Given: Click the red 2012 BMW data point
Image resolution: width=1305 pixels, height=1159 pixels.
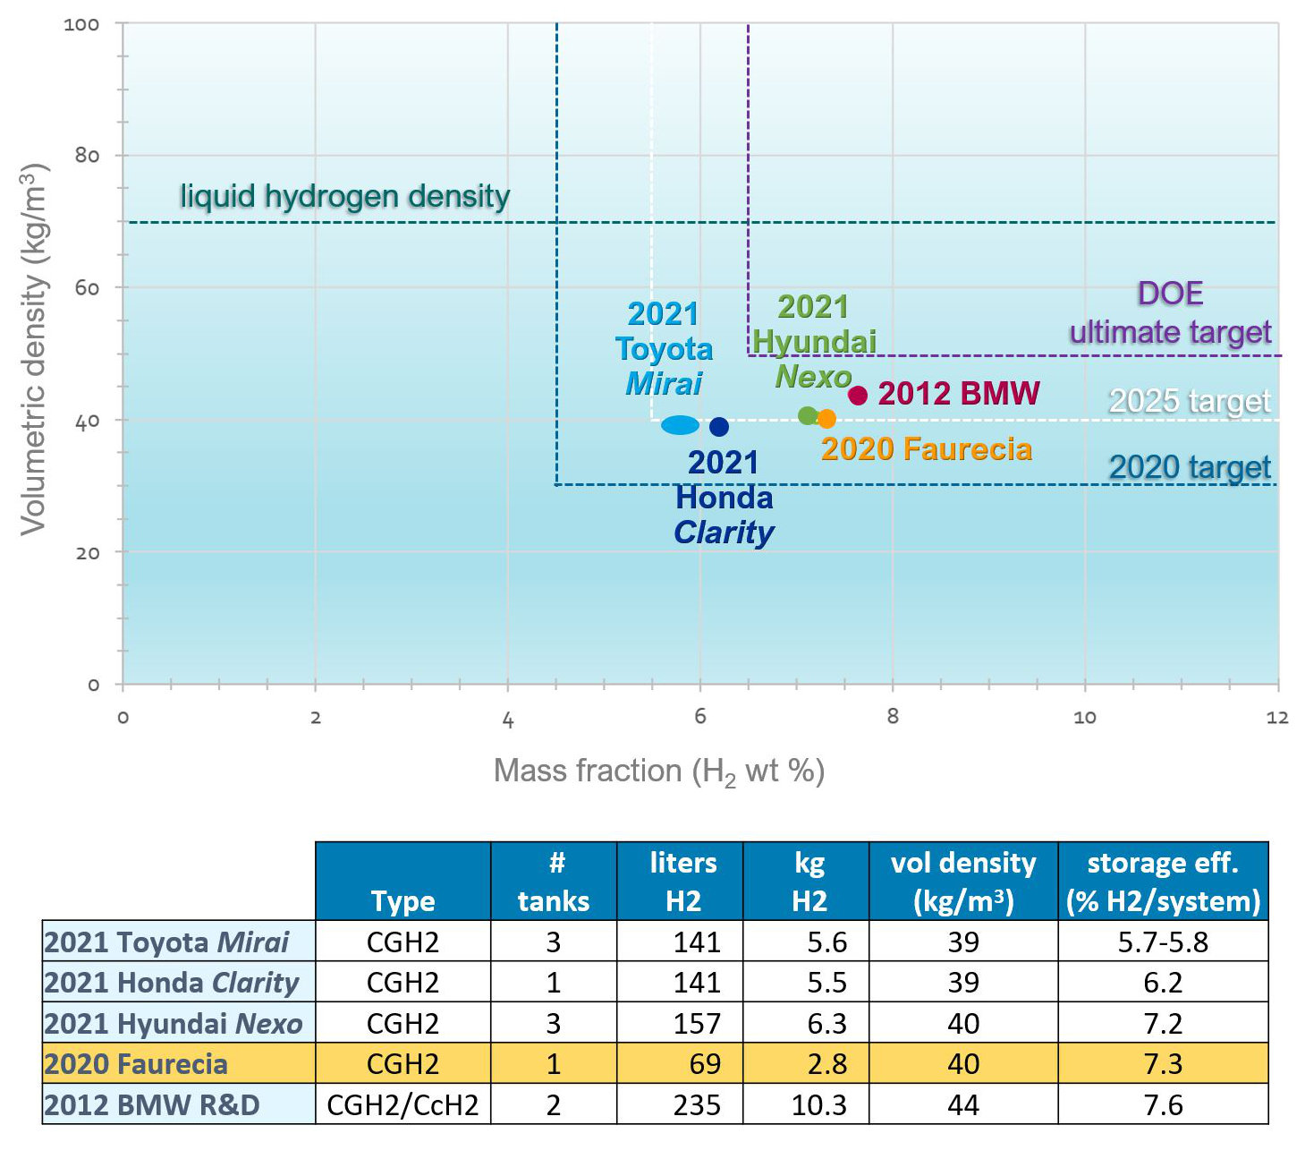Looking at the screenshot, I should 858,395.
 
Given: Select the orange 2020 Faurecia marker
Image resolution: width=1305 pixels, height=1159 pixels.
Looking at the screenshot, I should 826,418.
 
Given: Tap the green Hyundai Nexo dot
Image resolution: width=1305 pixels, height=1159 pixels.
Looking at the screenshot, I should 808,415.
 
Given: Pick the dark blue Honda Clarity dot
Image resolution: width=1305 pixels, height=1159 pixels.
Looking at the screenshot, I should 718,427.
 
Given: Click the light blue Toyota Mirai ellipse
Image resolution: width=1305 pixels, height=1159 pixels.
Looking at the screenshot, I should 680,425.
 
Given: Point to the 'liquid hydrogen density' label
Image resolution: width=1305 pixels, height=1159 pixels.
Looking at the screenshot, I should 344,196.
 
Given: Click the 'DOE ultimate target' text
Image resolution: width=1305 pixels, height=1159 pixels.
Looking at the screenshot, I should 1170,313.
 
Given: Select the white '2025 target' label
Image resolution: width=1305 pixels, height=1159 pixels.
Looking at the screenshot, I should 1190,401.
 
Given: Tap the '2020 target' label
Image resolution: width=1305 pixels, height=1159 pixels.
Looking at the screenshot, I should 1190,467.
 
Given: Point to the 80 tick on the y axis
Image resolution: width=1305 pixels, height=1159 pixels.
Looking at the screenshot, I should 87,156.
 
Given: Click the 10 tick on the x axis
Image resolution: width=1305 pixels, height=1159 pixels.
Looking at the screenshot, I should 1084,717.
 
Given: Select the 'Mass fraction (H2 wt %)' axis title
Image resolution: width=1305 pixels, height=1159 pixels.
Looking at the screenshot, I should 659,771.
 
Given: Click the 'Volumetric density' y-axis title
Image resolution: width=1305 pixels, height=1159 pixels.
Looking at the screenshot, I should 34,349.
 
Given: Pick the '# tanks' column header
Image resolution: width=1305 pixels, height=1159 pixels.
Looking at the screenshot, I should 554,882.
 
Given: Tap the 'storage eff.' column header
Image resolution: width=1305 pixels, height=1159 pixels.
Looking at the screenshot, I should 1163,882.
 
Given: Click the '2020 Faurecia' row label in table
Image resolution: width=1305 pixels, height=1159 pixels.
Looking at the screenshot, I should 136,1064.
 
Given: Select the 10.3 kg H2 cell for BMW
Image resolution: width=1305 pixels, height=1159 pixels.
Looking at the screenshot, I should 818,1105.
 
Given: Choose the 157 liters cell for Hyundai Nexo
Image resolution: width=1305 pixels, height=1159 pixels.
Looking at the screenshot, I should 697,1023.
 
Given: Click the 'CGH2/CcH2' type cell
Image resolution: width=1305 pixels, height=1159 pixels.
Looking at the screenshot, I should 403,1105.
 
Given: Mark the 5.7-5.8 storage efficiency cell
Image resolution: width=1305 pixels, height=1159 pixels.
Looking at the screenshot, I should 1163,942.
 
